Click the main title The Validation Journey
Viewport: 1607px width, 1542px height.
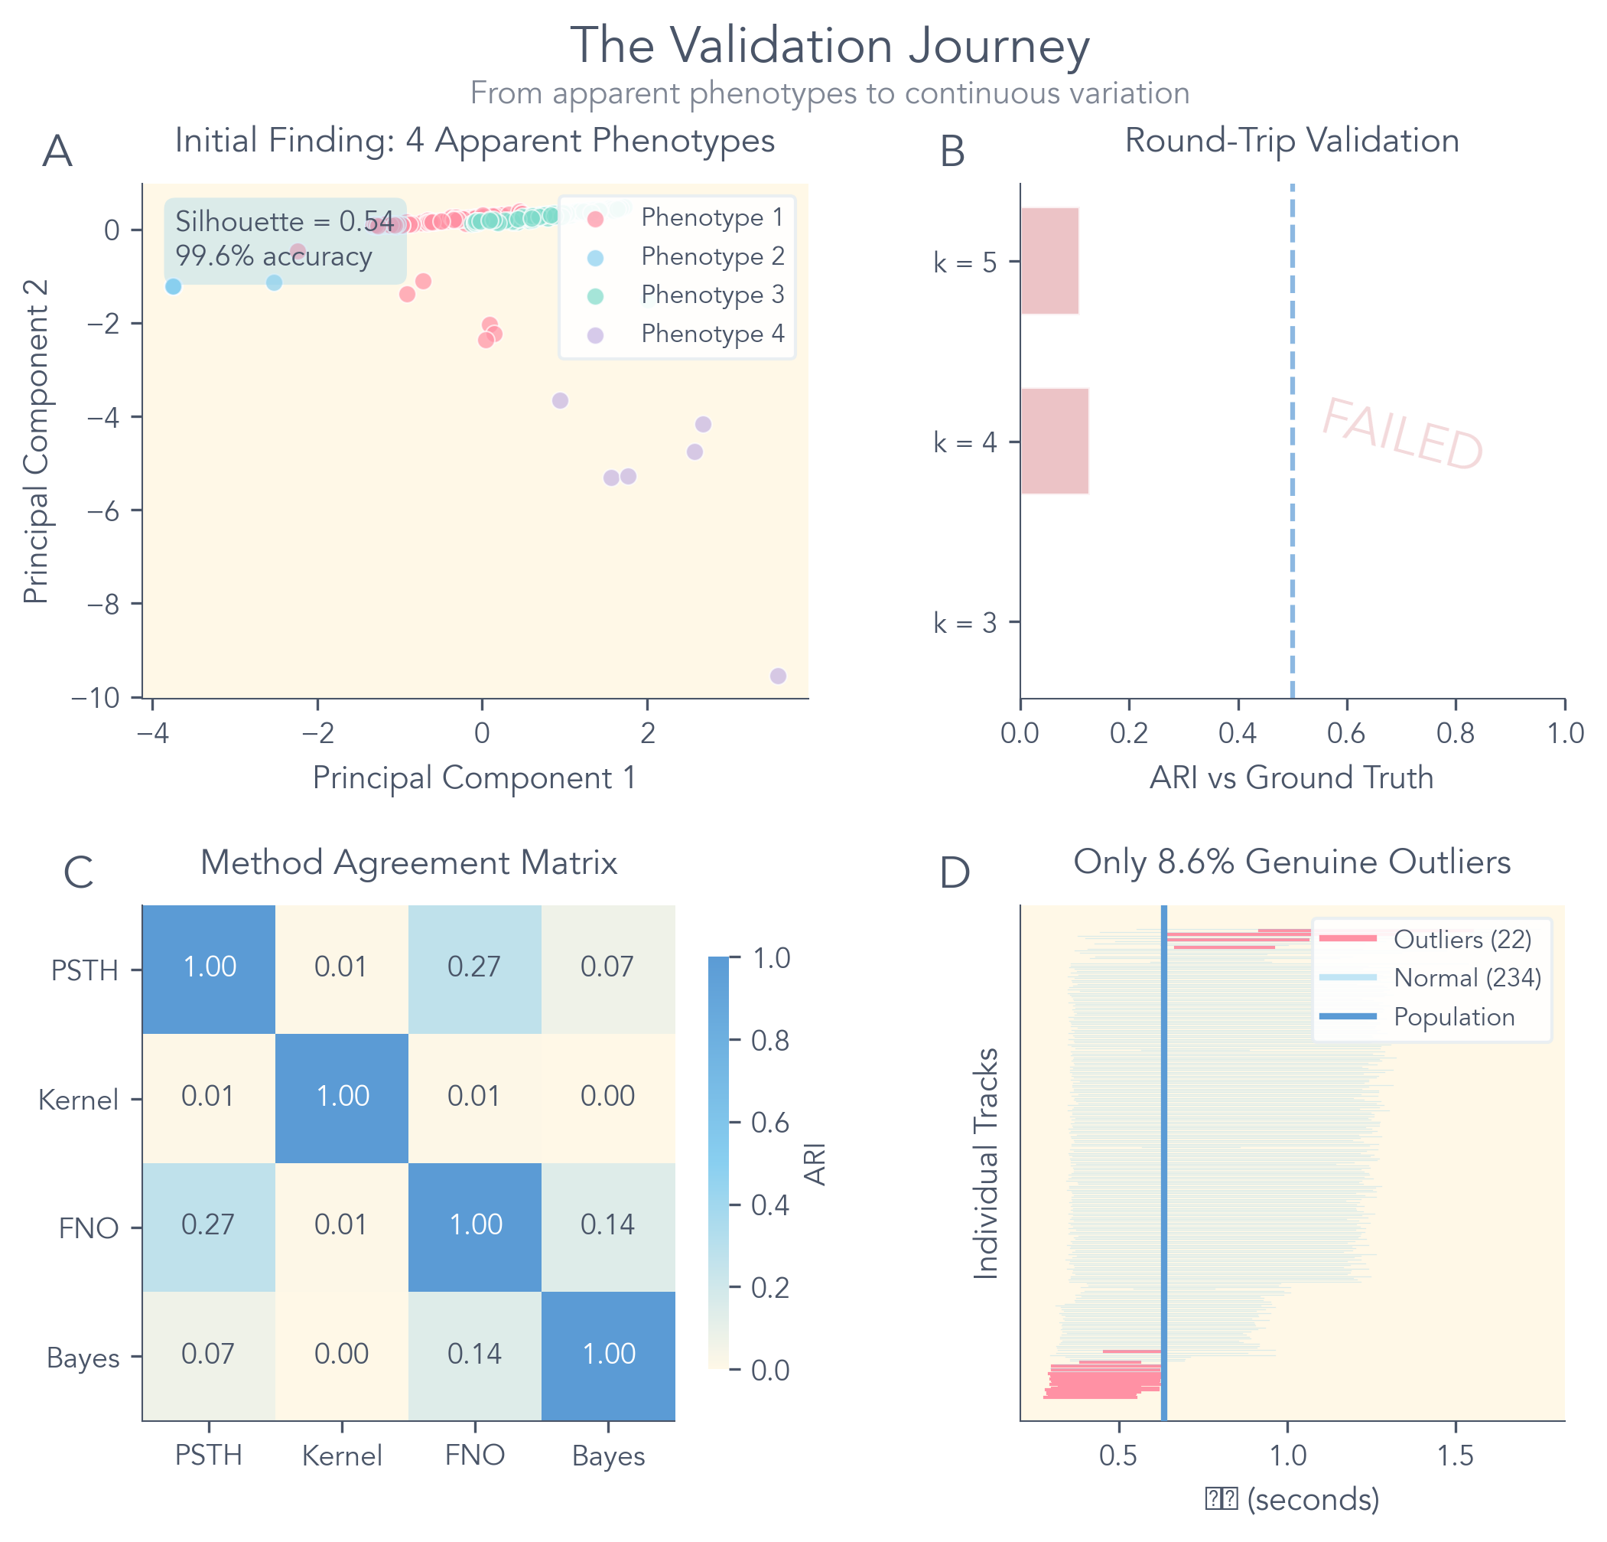click(829, 46)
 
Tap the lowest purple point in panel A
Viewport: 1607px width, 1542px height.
click(778, 676)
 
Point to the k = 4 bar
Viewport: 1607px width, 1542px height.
click(1055, 442)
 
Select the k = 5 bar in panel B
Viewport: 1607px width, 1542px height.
click(1049, 261)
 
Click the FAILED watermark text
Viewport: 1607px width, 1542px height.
click(1402, 435)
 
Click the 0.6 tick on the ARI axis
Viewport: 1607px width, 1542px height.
click(1346, 732)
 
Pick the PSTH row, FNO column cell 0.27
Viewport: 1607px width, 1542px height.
click(475, 968)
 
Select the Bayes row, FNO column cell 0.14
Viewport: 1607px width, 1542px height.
click(475, 1355)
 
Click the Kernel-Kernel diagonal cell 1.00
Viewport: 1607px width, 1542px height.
click(342, 1097)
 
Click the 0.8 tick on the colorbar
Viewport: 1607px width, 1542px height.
click(771, 1041)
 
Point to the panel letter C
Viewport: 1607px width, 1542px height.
click(79, 872)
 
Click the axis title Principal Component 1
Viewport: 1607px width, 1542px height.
click(475, 778)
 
